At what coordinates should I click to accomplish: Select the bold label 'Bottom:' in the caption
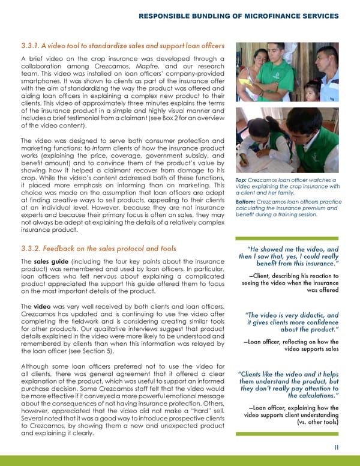(x=246, y=202)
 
